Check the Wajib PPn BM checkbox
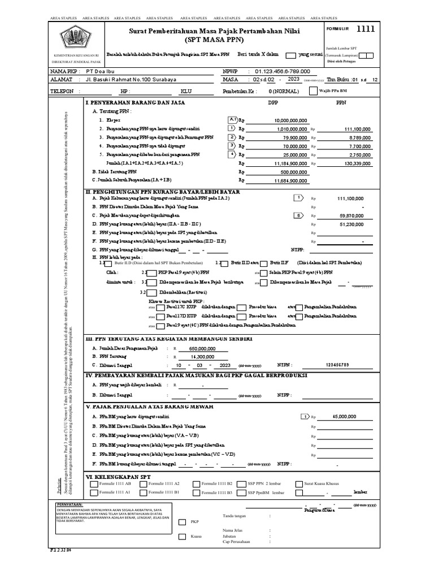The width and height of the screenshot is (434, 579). pos(313,90)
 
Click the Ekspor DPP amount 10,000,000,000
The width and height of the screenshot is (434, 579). pos(290,120)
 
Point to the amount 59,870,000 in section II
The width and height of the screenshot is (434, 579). pos(351,215)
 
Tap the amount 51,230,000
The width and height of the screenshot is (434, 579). pos(351,224)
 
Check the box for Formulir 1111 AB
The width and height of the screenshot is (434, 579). pos(94,484)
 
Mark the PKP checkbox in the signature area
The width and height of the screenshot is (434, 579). pos(183,522)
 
